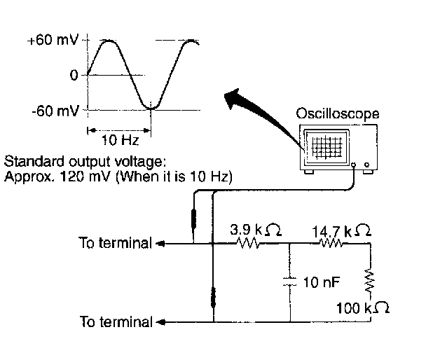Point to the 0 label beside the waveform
click(x=74, y=75)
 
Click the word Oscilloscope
click(x=337, y=112)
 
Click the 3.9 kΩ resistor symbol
click(x=249, y=244)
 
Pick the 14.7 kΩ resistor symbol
click(x=331, y=244)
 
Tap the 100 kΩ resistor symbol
click(x=369, y=282)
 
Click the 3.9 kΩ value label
click(x=256, y=229)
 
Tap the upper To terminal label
click(x=115, y=244)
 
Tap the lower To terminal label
click(x=115, y=322)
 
